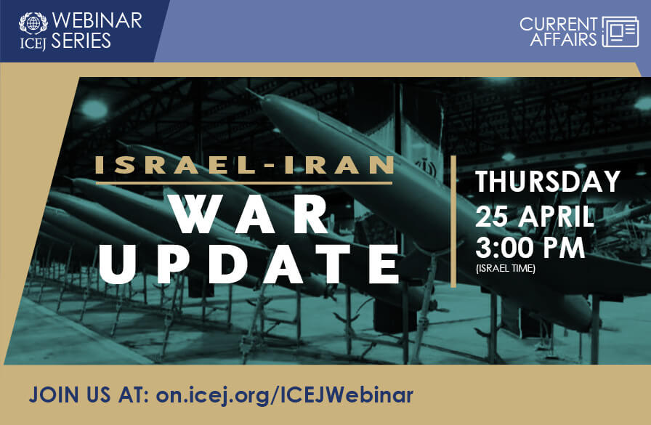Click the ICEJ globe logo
point(33,21)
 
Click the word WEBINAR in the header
point(97,20)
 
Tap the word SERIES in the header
point(81,41)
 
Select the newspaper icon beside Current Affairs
point(620,31)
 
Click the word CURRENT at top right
point(559,24)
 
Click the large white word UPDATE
point(250,264)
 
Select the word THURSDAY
point(548,182)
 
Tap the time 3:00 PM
point(530,248)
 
